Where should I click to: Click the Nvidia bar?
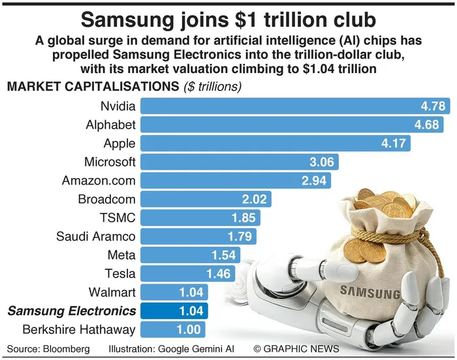295,106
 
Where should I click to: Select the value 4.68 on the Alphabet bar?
427,125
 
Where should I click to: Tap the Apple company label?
119,143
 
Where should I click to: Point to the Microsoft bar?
240,162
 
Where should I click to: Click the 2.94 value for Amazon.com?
314,181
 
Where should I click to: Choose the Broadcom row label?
106,199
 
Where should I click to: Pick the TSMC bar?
200,218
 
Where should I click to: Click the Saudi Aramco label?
96,237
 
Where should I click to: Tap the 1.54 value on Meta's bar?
223,255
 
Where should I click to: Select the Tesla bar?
188,274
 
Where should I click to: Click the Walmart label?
112,292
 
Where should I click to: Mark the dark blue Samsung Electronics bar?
174,311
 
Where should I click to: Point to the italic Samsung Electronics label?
72,311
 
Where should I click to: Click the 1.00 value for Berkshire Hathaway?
189,330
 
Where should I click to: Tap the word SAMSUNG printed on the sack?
370,292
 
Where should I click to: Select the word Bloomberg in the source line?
67,349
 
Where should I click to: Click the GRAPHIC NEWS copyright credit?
296,349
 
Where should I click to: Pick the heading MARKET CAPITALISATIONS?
93,87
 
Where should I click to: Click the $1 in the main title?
247,20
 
